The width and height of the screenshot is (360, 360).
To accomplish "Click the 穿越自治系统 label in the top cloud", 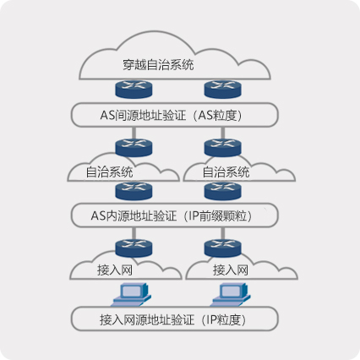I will pos(159,65).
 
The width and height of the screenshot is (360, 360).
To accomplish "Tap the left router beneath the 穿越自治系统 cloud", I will pos(131,89).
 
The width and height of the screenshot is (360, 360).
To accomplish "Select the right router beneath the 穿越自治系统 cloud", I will pos(222,89).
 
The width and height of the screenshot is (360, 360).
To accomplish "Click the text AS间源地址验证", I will pos(146,115).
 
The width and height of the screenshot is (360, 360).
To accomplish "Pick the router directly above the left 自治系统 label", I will pos(131,146).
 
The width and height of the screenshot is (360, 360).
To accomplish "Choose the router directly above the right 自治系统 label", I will pos(222,146).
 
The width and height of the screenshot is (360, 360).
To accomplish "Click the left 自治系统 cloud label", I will pos(109,172).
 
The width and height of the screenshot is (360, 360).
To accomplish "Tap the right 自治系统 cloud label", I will pos(226,172).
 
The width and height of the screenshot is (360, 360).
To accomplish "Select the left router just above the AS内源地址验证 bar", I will pos(131,190).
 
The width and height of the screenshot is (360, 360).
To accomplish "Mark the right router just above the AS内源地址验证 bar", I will pos(222,190).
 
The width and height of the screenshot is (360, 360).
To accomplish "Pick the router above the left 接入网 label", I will pos(131,248).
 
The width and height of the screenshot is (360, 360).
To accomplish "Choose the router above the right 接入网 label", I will pos(222,248).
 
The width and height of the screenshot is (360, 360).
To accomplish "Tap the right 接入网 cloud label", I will pos(230,270).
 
